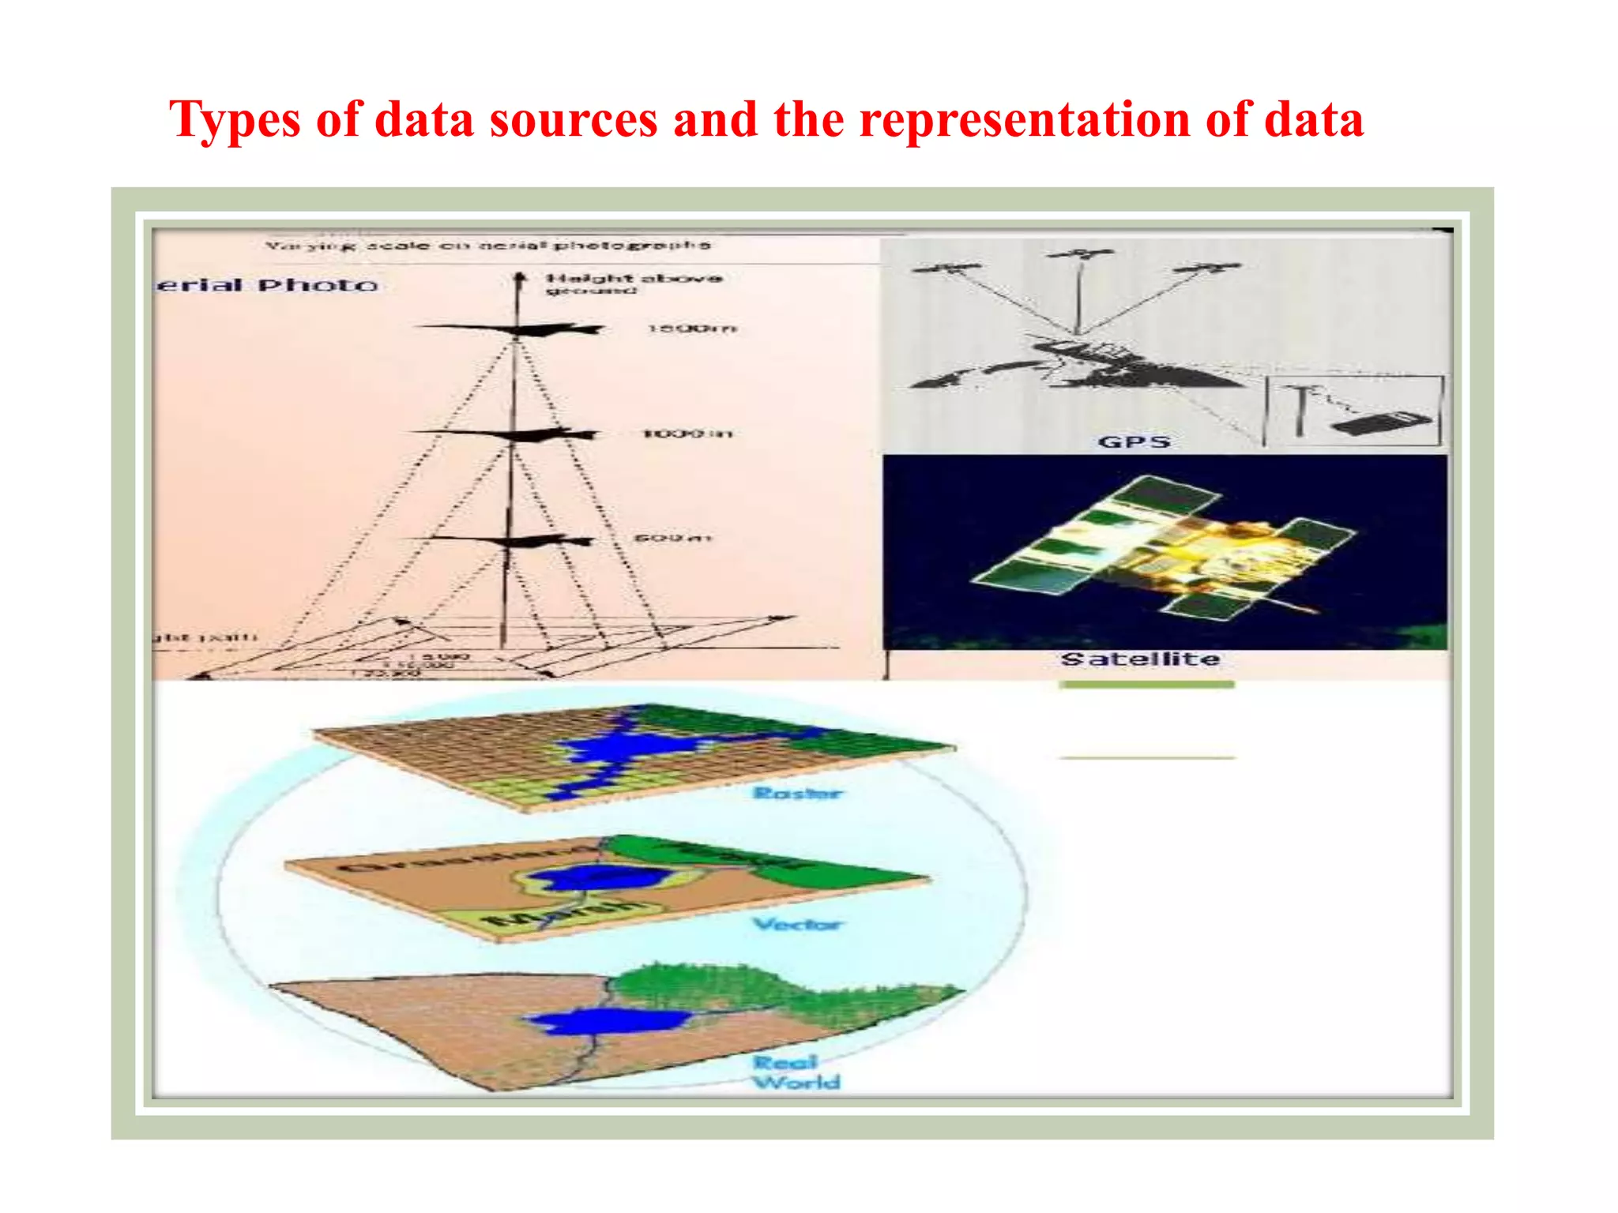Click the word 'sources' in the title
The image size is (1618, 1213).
click(573, 120)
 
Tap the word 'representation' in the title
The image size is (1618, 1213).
click(1025, 120)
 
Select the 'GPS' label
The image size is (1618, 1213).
click(1134, 442)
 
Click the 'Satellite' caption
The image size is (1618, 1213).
click(1140, 659)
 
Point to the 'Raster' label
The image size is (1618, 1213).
click(797, 793)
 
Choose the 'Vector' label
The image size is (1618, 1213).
click(798, 924)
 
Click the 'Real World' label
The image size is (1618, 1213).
click(795, 1072)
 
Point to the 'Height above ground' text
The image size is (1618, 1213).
click(633, 283)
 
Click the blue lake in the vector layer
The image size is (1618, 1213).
click(593, 878)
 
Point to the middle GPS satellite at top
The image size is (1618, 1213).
click(1080, 254)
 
